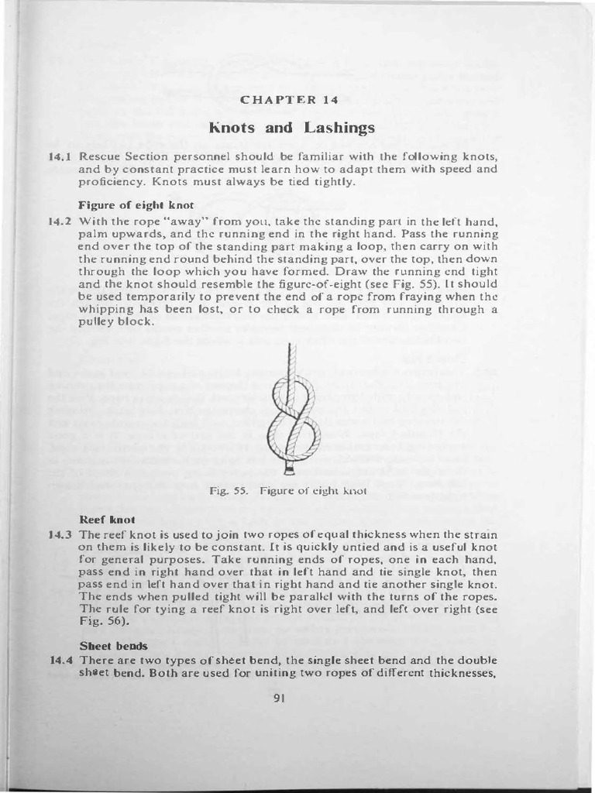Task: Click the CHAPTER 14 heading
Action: (x=289, y=100)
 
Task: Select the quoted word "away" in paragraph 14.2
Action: (x=172, y=221)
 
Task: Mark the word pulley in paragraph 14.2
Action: (x=96, y=321)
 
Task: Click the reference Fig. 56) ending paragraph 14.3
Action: (x=100, y=622)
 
